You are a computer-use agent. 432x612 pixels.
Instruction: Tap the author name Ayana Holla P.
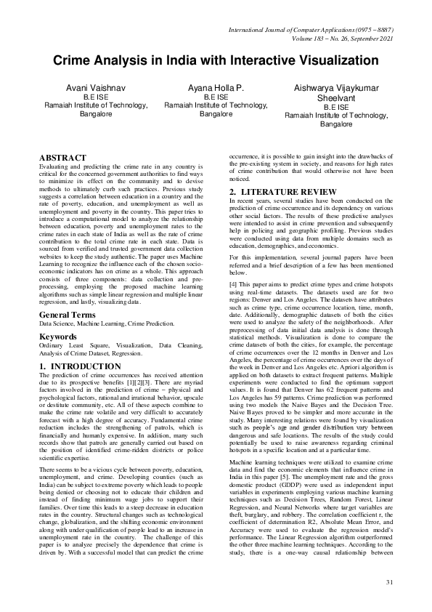click(216, 86)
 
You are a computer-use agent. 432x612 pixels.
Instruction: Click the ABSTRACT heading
click(62, 158)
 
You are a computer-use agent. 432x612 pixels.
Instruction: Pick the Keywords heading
click(59, 337)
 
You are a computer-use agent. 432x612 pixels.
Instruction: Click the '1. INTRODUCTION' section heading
click(80, 366)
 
